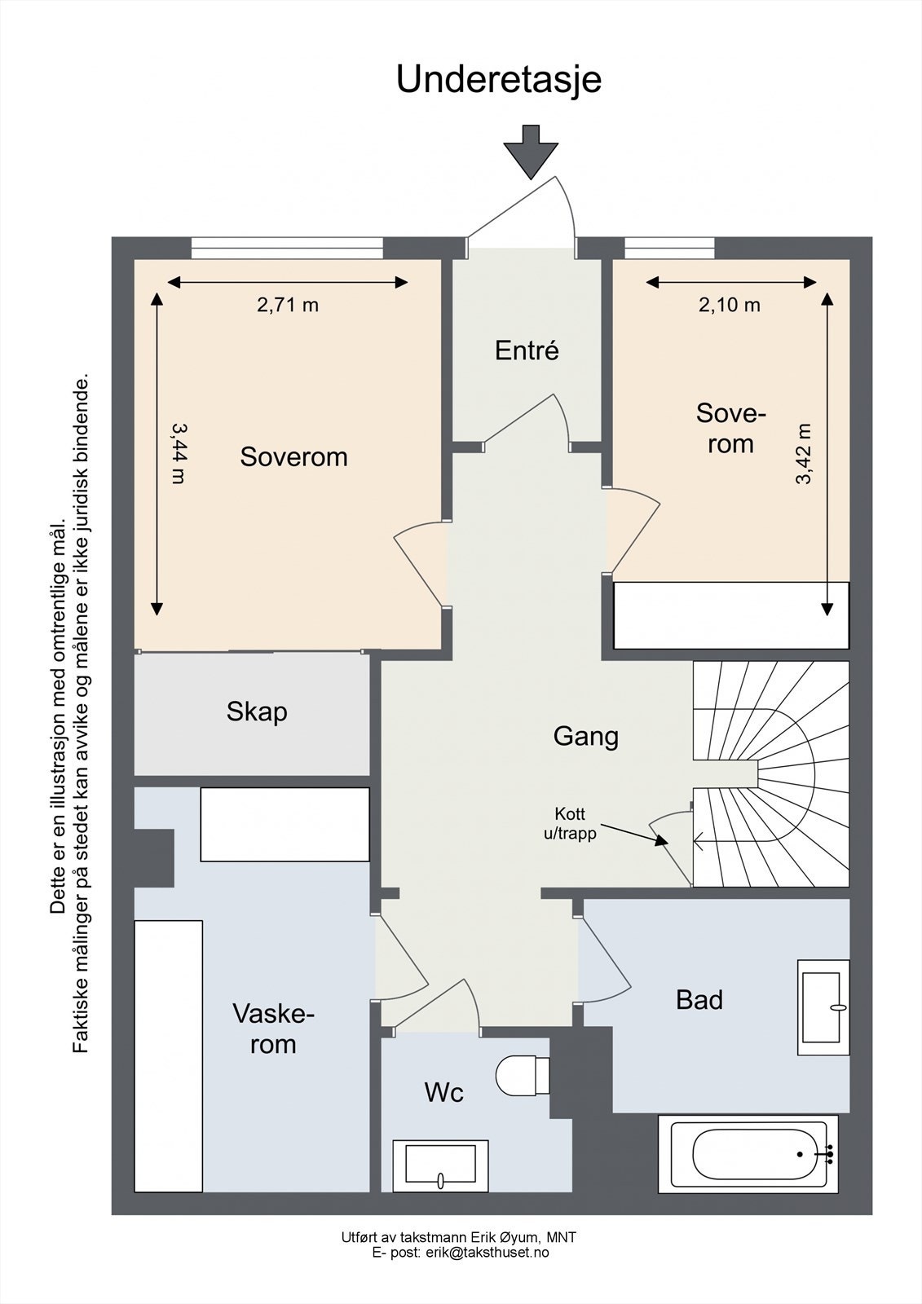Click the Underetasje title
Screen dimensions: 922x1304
499,81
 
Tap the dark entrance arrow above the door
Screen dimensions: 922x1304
531,152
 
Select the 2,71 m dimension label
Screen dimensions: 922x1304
288,305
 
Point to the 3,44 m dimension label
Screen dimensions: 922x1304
179,453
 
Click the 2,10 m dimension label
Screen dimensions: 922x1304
730,305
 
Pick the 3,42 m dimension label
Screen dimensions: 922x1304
803,454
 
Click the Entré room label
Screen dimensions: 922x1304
527,350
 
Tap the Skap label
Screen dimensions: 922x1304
257,712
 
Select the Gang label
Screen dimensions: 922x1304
586,737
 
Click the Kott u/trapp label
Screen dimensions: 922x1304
570,824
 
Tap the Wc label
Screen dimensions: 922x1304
443,1093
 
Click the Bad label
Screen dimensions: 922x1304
699,1000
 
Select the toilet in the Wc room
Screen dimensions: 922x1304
523,1076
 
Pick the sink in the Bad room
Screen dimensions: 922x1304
823,1007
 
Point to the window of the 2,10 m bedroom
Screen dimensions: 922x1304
669,249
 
